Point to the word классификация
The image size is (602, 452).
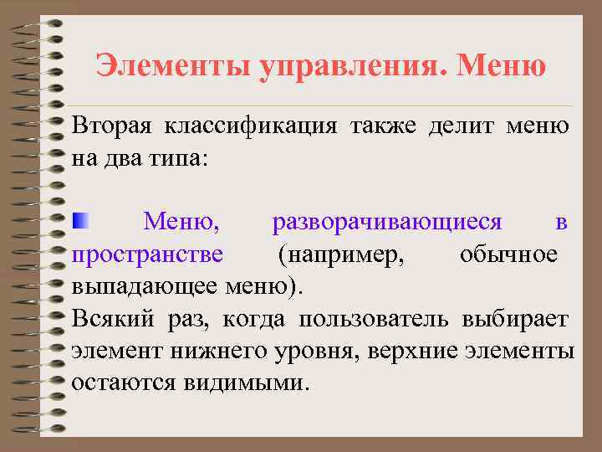[x=250, y=126]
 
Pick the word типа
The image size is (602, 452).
[x=172, y=157]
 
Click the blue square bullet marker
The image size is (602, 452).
[x=79, y=222]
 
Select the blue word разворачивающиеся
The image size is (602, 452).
[x=387, y=222]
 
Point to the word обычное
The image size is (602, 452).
[x=508, y=254]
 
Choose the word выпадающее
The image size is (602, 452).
[x=143, y=285]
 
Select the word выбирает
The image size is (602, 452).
[x=519, y=318]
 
